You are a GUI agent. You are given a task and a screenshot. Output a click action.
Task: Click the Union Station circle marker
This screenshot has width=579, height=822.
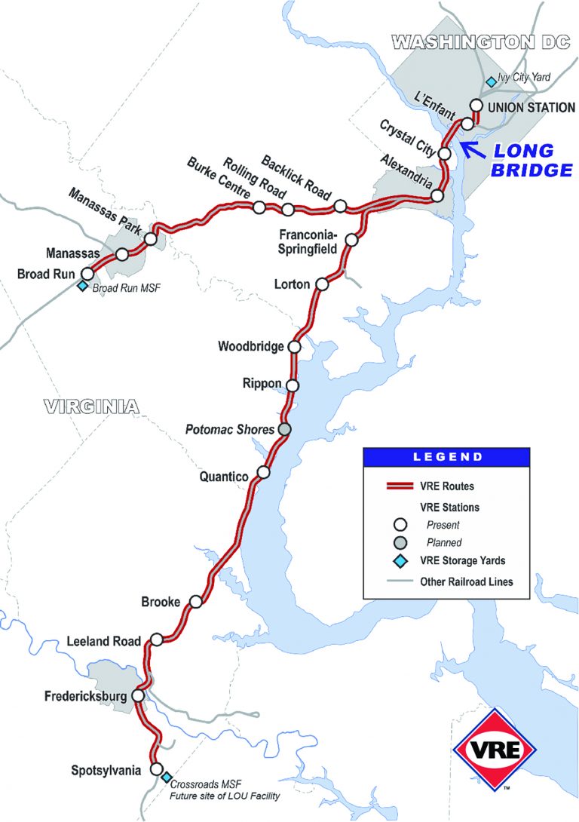point(476,106)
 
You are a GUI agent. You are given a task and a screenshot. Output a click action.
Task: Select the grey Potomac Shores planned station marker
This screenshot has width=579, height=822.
point(284,429)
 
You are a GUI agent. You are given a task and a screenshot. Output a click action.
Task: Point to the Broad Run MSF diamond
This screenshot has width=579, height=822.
point(83,287)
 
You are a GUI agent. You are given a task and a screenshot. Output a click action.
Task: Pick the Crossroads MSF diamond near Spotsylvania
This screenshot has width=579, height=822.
point(167,778)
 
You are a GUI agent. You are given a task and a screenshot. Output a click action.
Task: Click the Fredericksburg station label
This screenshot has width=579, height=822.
point(84,696)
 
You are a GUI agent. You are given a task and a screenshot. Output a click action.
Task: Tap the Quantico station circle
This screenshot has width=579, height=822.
point(263,473)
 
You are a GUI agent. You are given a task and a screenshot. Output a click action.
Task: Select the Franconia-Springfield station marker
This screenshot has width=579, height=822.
point(351,241)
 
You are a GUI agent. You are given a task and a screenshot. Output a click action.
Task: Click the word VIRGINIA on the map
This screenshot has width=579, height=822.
point(92,407)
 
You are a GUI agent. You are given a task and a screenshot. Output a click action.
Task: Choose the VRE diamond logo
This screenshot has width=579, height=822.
point(494,750)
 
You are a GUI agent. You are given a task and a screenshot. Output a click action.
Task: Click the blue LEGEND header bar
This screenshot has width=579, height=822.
point(447,457)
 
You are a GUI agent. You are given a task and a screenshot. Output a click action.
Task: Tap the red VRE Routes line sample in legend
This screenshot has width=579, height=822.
point(400,486)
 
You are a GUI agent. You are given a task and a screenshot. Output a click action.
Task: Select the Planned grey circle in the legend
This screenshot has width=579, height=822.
point(400,542)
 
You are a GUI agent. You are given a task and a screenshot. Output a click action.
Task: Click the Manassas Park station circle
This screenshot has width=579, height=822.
point(151,239)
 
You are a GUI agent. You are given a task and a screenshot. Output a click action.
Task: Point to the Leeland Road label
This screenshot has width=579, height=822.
point(103,642)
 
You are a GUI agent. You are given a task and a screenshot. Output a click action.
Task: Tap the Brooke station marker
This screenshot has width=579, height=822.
point(196,602)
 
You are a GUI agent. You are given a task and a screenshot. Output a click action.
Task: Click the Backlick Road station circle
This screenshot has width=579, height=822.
point(341,206)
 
